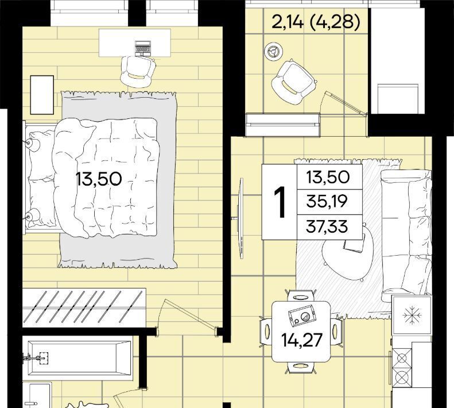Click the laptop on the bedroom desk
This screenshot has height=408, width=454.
pyautogui.click(x=143, y=48)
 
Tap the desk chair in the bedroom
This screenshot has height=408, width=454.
pyautogui.click(x=138, y=71)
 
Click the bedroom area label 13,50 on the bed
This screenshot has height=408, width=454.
pyautogui.click(x=99, y=179)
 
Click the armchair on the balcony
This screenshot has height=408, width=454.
pyautogui.click(x=294, y=82)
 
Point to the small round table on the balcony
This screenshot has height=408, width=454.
pyautogui.click(x=273, y=52)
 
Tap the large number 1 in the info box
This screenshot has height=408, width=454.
pyautogui.click(x=280, y=202)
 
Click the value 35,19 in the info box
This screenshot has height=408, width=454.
pyautogui.click(x=327, y=202)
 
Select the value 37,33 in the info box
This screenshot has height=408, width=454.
pyautogui.click(x=327, y=226)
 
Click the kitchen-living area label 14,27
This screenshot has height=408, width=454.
pyautogui.click(x=302, y=340)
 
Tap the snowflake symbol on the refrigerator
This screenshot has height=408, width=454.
pyautogui.click(x=411, y=315)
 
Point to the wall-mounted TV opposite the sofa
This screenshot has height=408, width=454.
pyautogui.click(x=240, y=218)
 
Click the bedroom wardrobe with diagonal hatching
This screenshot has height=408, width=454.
pyautogui.click(x=84, y=307)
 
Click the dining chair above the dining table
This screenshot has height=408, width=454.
pyautogui.click(x=301, y=297)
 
